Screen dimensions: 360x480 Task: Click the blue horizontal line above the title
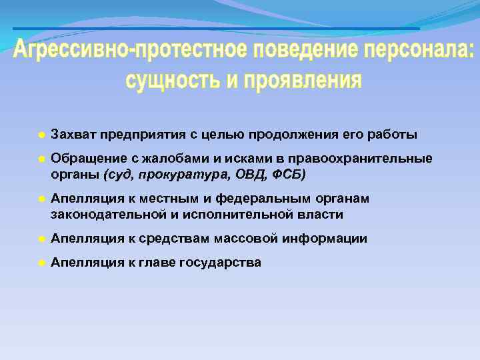pyautogui.click(x=216, y=29)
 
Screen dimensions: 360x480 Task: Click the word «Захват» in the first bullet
pyautogui.click(x=72, y=135)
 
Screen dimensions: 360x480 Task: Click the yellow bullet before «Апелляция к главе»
pyautogui.click(x=41, y=263)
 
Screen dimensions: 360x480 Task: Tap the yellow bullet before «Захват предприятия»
pyautogui.click(x=41, y=135)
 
